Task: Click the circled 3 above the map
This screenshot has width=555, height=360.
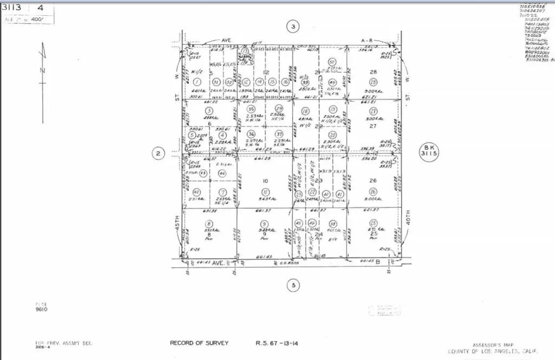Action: (x=293, y=27)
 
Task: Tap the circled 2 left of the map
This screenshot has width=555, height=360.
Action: (x=158, y=154)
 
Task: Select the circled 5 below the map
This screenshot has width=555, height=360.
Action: (x=293, y=285)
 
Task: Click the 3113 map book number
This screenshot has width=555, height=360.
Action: (x=11, y=8)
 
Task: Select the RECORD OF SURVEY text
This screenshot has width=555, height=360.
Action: (x=199, y=343)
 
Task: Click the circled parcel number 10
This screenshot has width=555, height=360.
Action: (x=264, y=192)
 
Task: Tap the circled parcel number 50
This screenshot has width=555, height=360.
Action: (x=332, y=62)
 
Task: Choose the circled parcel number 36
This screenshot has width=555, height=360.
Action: (x=251, y=134)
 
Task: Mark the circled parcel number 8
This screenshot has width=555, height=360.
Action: (x=209, y=223)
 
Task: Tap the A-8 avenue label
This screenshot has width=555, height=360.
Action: (x=367, y=40)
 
